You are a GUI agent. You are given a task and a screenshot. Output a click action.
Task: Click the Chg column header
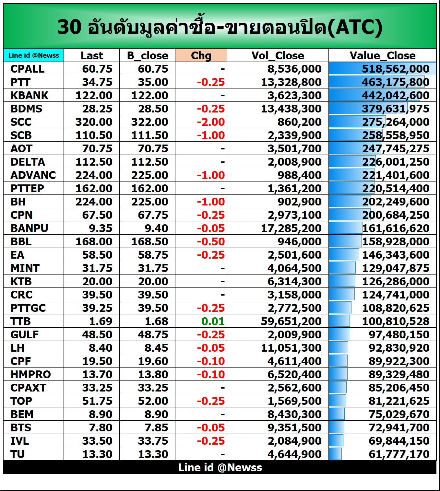201,55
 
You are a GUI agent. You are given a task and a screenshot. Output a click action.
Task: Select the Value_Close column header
382,55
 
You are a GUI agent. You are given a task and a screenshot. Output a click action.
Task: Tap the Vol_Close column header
278,55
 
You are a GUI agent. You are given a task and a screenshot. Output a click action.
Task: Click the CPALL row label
27,69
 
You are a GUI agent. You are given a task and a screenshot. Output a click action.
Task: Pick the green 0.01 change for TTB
213,321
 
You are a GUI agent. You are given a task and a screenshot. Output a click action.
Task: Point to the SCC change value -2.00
211,122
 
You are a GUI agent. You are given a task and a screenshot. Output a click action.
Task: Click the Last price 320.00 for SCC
94,122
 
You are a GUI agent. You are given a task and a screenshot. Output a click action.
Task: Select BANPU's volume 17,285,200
291,228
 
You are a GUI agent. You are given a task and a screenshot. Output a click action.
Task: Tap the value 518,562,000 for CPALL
396,69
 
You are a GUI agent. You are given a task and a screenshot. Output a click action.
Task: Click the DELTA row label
28,162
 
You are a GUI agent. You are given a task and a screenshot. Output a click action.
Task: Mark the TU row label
18,454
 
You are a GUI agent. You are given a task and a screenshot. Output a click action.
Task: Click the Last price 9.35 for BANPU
101,228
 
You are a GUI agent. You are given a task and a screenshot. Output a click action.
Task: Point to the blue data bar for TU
335,454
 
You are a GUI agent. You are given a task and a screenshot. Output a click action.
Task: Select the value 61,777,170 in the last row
399,454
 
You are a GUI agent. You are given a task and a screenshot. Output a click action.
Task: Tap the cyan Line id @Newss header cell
34,55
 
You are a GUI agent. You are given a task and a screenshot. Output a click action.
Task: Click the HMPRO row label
30,374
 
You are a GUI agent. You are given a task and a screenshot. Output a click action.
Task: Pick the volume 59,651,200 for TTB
291,321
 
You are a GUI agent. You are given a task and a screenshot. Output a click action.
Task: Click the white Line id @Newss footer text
220,467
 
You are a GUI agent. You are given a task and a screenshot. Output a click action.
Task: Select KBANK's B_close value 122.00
149,95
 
